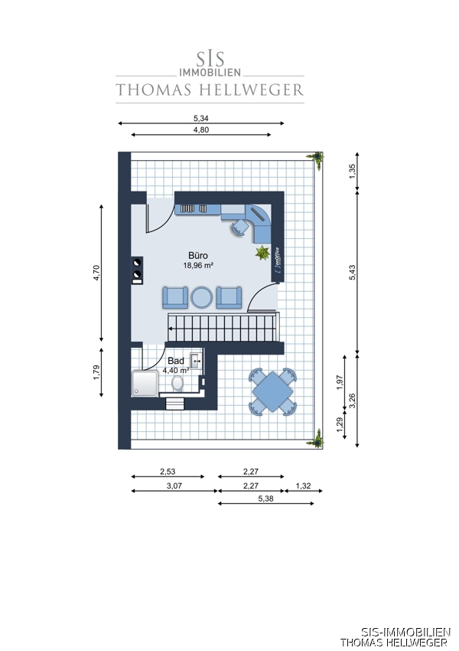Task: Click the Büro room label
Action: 198,256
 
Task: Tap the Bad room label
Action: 176,361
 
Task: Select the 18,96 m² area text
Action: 198,265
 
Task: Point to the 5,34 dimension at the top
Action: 201,118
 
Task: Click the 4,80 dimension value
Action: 201,130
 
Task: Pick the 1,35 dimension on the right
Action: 353,172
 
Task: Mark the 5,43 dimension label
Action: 353,273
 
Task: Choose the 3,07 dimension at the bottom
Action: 174,486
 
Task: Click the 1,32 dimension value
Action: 304,486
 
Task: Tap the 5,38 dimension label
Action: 265,499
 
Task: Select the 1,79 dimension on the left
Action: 96,372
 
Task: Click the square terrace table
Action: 272,392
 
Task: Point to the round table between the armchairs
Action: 201,298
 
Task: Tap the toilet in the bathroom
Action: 177,383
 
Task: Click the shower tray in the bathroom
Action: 145,384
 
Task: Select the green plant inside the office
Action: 262,252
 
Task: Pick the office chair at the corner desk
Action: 239,227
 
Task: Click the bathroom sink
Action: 196,361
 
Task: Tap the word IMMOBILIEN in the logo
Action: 210,72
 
